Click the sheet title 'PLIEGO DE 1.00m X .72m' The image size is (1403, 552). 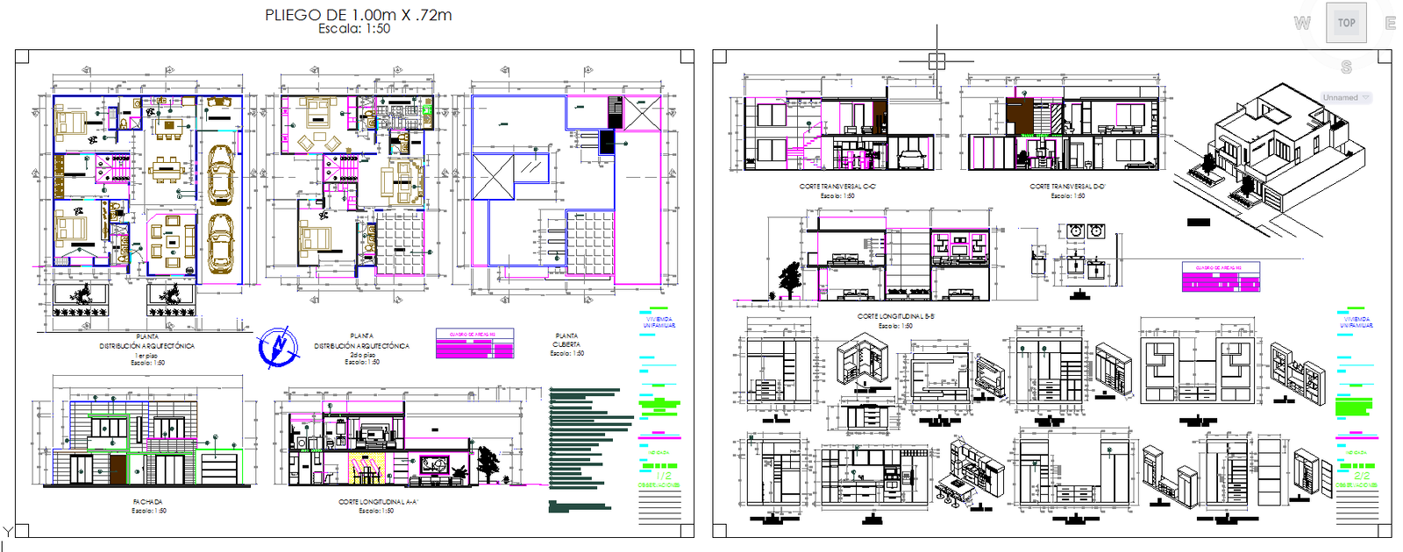tap(358, 15)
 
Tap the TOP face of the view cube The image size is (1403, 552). tap(1346, 23)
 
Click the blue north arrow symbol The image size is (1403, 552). tap(278, 347)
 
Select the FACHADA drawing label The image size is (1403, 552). tap(147, 502)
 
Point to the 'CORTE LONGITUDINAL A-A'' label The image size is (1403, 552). tap(378, 502)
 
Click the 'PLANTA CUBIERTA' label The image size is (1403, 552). tap(566, 340)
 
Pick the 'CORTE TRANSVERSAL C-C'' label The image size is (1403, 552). tap(837, 187)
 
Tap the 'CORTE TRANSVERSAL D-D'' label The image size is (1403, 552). tap(1067, 187)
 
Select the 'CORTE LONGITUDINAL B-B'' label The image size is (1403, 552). tap(895, 316)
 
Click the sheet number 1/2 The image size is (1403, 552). tap(664, 476)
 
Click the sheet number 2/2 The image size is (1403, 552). tap(1361, 476)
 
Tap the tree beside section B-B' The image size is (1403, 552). tap(790, 280)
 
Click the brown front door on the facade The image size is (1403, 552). tap(118, 468)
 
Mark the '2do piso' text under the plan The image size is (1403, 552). tap(362, 355)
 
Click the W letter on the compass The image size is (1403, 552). tap(1302, 24)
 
